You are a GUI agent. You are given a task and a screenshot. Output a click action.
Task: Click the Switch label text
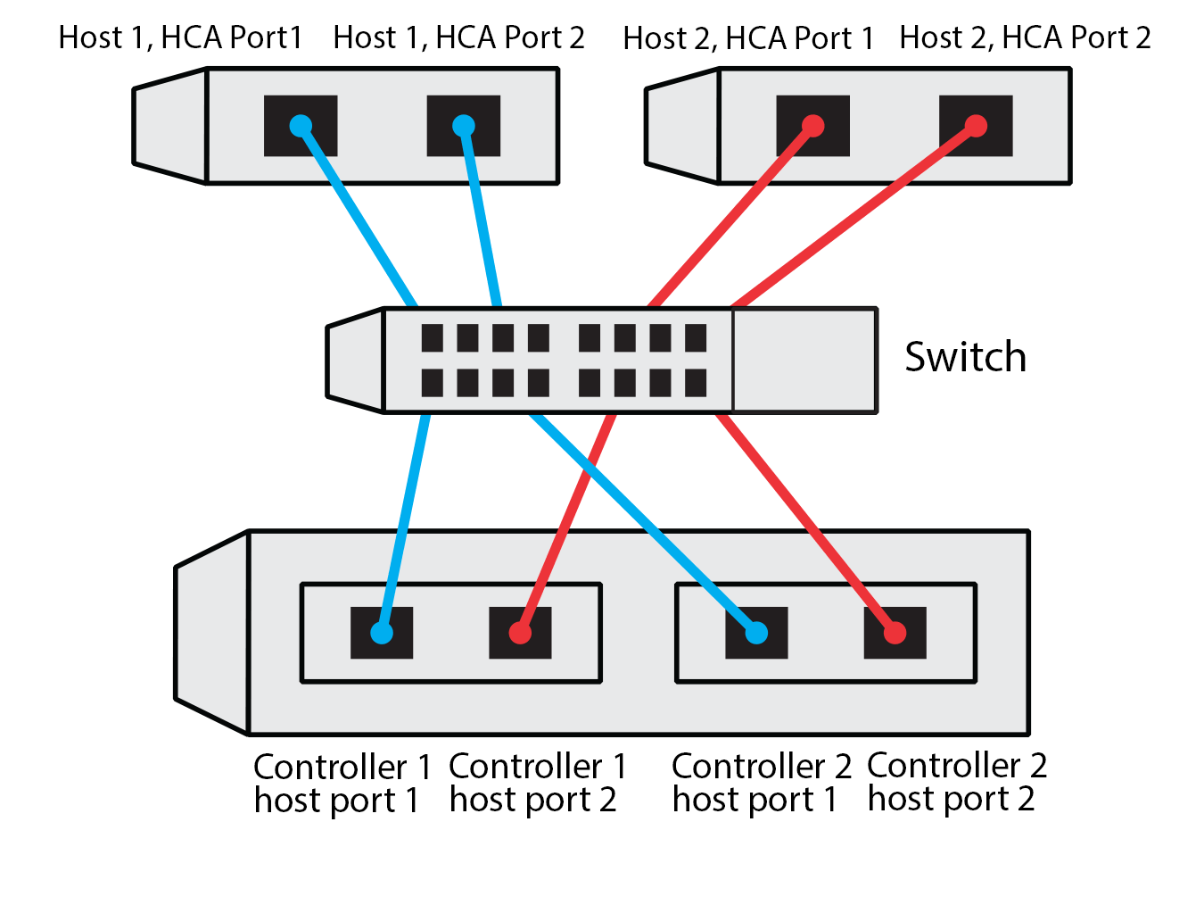[x=965, y=357]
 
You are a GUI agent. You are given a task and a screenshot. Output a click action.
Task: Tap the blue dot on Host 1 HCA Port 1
[x=301, y=125]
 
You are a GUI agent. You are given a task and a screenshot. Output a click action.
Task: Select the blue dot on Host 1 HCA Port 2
[x=464, y=126]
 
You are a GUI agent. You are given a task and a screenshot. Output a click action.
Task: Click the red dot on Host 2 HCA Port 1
[x=812, y=126]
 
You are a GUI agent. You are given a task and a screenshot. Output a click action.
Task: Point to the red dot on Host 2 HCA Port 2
[x=976, y=126]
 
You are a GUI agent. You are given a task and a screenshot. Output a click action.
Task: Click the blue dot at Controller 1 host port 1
[x=381, y=633]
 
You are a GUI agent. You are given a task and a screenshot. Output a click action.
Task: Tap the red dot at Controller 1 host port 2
[x=520, y=633]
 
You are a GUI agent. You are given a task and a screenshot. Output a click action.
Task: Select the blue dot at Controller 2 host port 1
[x=755, y=633]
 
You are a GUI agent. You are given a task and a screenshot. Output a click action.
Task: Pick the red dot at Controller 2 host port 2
[x=895, y=633]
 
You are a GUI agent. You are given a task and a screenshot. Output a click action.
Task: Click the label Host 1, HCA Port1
[x=180, y=37]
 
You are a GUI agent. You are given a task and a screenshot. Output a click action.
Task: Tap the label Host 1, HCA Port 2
[x=458, y=37]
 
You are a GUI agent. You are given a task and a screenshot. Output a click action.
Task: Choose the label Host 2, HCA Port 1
[x=747, y=38]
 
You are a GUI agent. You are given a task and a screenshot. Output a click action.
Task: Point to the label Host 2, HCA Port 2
[x=1025, y=37]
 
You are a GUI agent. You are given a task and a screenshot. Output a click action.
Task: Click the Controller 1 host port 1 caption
[x=342, y=784]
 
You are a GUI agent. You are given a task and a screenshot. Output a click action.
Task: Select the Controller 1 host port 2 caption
[x=537, y=783]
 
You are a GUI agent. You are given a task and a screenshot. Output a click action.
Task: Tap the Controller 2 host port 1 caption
[x=761, y=783]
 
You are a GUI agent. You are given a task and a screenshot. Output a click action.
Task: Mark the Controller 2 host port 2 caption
[x=956, y=782]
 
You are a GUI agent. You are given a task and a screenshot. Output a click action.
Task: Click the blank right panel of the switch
[x=804, y=361]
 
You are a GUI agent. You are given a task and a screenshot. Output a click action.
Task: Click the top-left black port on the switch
[x=433, y=338]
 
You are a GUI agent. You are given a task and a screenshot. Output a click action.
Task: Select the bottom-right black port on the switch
[x=696, y=383]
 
